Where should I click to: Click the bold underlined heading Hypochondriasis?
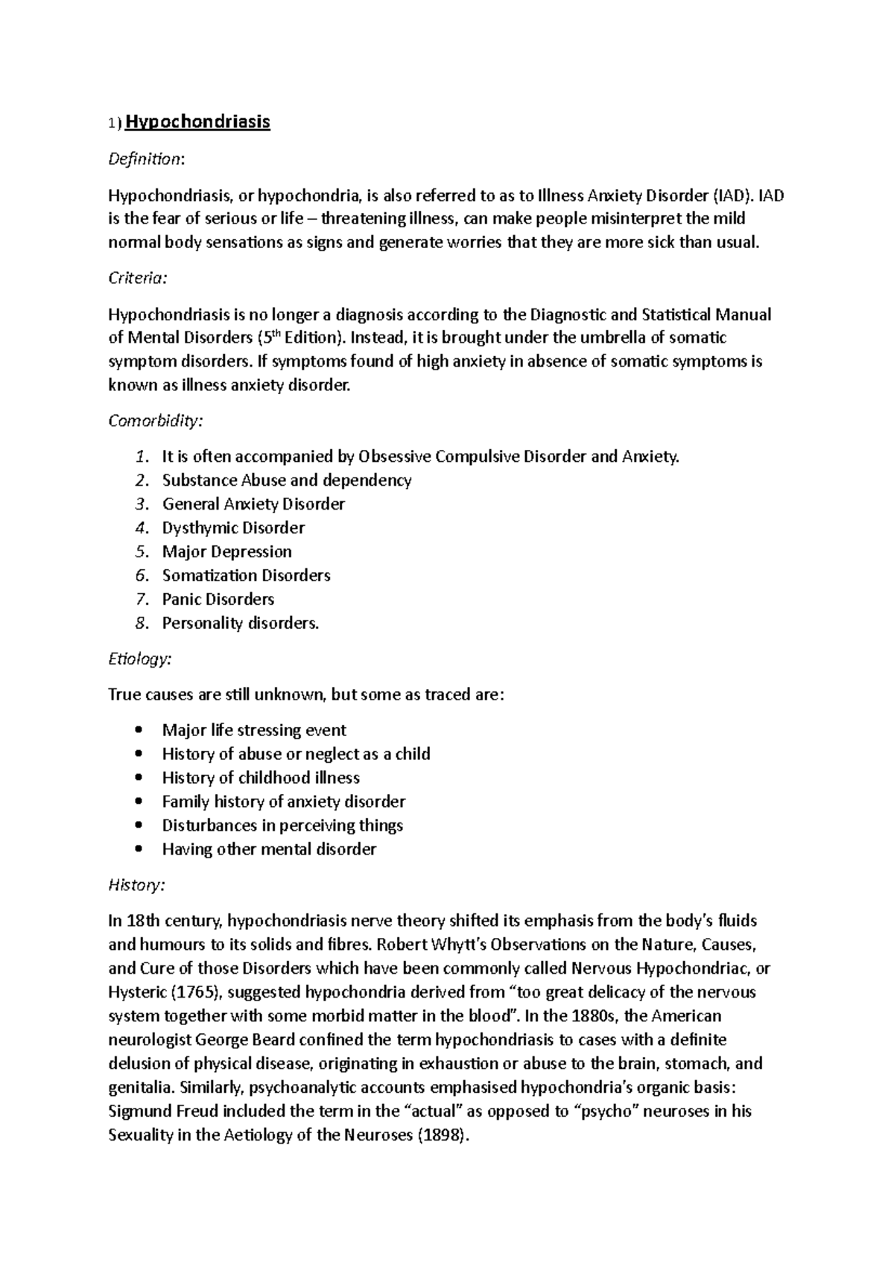coord(197,121)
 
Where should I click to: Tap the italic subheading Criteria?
coord(138,278)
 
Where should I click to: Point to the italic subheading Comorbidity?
coord(155,421)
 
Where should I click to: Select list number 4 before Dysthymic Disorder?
coord(142,528)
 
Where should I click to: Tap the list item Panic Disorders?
coord(218,600)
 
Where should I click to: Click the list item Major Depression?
coord(226,552)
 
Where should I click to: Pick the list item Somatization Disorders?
coord(246,576)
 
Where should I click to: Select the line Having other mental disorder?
coord(268,849)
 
